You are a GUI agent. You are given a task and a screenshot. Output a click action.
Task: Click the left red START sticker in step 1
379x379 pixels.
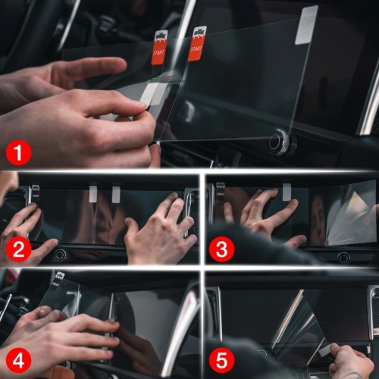pyautogui.click(x=160, y=47)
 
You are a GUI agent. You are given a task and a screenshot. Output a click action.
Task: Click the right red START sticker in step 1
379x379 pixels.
pyautogui.click(x=197, y=43)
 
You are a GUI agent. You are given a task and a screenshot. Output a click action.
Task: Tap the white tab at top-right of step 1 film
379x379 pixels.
pyautogui.click(x=305, y=24)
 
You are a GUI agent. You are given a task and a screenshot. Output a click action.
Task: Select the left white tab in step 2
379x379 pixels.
pyautogui.click(x=93, y=194)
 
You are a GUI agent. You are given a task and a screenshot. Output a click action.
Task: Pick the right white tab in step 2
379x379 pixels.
pyautogui.click(x=116, y=194)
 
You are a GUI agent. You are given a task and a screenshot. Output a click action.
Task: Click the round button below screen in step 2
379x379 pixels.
pyautogui.click(x=60, y=255)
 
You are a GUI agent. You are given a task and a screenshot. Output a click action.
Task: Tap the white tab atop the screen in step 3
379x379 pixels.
pyautogui.click(x=287, y=191)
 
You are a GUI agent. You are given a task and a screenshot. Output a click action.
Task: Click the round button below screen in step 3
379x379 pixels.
pyautogui.click(x=343, y=258)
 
